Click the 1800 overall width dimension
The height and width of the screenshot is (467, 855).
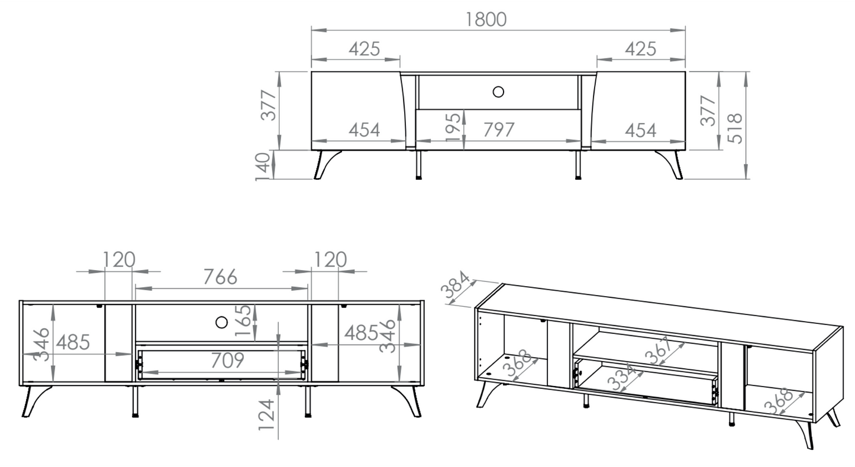pos(486,19)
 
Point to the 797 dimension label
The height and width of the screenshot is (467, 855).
pos(499,129)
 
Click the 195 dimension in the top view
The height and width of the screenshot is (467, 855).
pos(453,126)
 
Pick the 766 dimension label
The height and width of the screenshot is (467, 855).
pos(220,276)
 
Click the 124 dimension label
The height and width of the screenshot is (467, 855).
pos(268,418)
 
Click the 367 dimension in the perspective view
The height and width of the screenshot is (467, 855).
pos(658,351)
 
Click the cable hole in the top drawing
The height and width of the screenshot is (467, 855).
pos(498,92)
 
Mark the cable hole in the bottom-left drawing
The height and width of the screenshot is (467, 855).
pos(221,322)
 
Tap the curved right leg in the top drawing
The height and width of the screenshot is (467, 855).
pos(669,164)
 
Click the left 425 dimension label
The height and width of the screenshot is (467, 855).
pos(364,48)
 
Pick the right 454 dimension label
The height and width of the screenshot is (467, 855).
pos(641,130)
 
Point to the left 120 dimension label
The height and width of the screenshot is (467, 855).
pos(119,260)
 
